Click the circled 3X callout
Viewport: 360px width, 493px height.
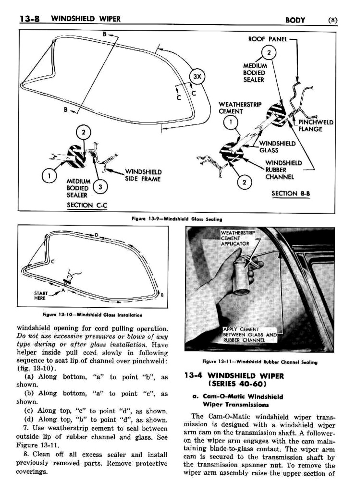pyautogui.click(x=197, y=76)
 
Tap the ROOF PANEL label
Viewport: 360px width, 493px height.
pyautogui.click(x=267, y=39)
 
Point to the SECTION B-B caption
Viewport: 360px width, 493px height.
pyautogui.click(x=291, y=193)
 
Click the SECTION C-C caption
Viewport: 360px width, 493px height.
pyautogui.click(x=87, y=205)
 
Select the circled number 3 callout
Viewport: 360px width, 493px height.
pyautogui.click(x=100, y=187)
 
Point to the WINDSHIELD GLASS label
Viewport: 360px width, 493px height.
pyautogui.click(x=277, y=147)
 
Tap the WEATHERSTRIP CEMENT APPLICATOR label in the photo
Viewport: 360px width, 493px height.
pyautogui.click(x=237, y=238)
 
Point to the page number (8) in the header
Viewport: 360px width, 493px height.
pyautogui.click(x=332, y=20)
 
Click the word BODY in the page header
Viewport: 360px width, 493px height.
pyautogui.click(x=295, y=20)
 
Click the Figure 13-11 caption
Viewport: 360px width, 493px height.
pyautogui.click(x=259, y=362)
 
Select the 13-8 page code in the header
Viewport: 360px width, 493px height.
pyautogui.click(x=30, y=19)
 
